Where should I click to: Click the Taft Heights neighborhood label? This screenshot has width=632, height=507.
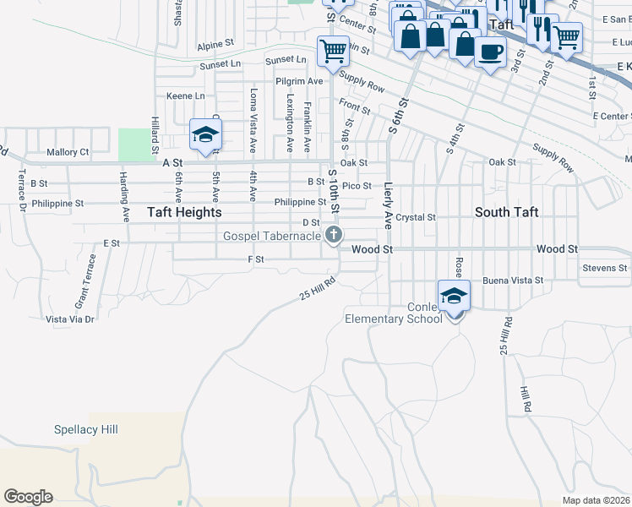(184, 213)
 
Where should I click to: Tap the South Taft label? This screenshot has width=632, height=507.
(506, 213)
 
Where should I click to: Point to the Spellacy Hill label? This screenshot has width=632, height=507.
(85, 430)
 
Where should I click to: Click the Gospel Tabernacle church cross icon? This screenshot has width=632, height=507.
(335, 235)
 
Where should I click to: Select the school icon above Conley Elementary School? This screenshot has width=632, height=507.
(454, 297)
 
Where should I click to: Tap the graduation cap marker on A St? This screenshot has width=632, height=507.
(205, 135)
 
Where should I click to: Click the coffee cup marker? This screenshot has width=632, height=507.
(490, 53)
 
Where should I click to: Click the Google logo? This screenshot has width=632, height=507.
(28, 497)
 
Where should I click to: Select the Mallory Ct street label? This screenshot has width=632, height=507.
(68, 152)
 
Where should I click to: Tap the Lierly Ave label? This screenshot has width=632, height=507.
(389, 205)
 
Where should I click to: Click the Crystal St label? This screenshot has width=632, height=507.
(416, 217)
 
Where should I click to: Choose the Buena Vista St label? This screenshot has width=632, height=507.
(512, 280)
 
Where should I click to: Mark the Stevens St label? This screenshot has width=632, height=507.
(605, 269)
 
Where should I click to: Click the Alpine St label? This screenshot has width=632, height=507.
(215, 43)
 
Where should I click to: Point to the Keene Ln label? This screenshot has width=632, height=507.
(185, 96)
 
